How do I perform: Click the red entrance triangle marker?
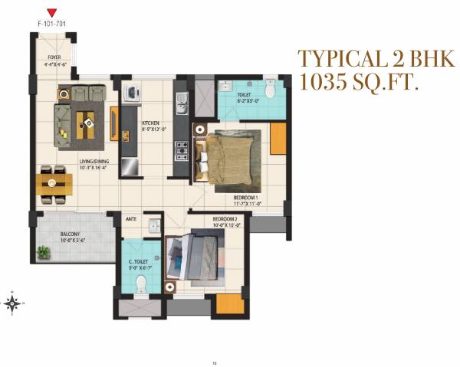(51, 12)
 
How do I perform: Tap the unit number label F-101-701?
(51, 25)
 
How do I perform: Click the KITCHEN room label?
(149, 124)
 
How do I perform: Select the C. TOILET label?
(139, 263)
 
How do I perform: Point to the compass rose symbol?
(13, 303)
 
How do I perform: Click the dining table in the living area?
(54, 184)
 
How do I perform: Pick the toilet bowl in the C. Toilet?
(140, 286)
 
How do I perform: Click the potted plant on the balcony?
(43, 252)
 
